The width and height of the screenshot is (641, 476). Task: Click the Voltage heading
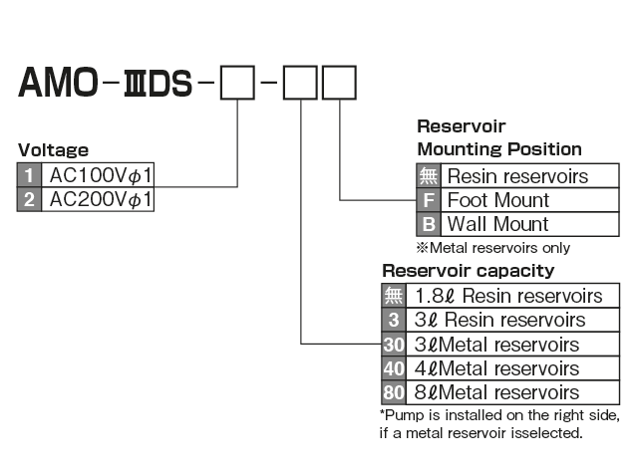tap(53, 150)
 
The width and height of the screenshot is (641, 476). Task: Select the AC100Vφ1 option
tap(101, 176)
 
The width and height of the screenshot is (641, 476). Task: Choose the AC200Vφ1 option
tap(101, 199)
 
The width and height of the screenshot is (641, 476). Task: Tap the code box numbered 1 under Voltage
tap(29, 176)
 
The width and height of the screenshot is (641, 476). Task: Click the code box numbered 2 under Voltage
tap(29, 199)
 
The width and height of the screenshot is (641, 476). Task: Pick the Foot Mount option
tap(497, 200)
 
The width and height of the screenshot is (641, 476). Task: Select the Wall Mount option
tap(497, 223)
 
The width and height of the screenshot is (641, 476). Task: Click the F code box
tap(428, 200)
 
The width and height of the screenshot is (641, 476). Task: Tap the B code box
tap(428, 223)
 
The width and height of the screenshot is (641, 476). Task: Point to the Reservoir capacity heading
tap(468, 271)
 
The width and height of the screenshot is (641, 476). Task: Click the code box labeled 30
tap(393, 345)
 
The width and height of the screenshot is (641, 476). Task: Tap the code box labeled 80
tap(393, 392)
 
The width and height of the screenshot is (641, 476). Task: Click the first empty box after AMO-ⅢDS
tap(237, 81)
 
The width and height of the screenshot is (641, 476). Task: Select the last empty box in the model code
tap(338, 81)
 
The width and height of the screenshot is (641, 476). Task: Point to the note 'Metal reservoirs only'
tap(492, 247)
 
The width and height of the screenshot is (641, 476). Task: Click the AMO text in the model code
tap(58, 82)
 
